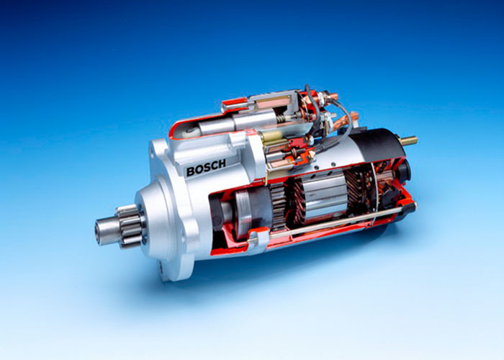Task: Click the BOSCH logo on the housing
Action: click(206, 167)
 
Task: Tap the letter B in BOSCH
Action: click(191, 171)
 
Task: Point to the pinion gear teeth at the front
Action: click(130, 226)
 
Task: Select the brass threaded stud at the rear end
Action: click(408, 141)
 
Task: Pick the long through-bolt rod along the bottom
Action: click(325, 225)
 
